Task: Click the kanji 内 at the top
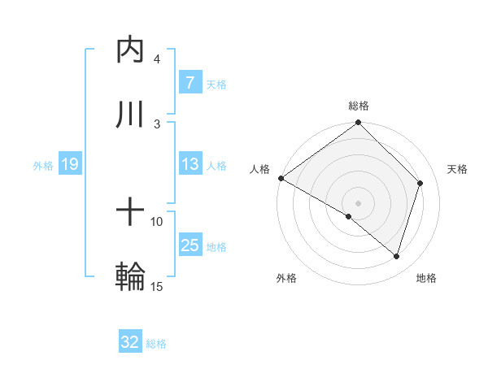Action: tap(131, 50)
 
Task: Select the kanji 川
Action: tap(131, 115)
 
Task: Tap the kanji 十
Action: tap(131, 213)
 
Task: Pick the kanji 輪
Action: tap(131, 276)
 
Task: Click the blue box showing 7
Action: tap(190, 83)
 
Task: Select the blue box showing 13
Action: tap(190, 164)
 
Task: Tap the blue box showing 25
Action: tap(190, 245)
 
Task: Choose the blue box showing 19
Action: tap(69, 165)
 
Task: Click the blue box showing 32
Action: tap(130, 343)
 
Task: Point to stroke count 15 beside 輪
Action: tap(157, 286)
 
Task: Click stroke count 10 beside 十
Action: tap(157, 221)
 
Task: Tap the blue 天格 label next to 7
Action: tap(216, 84)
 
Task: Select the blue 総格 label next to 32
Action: tap(156, 344)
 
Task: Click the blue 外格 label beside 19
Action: tap(43, 166)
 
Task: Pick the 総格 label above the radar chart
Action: tap(359, 106)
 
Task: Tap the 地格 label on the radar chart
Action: tap(426, 278)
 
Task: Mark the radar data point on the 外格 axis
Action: tap(349, 216)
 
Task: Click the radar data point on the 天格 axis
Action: tap(420, 183)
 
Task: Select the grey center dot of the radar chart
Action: tap(359, 202)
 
